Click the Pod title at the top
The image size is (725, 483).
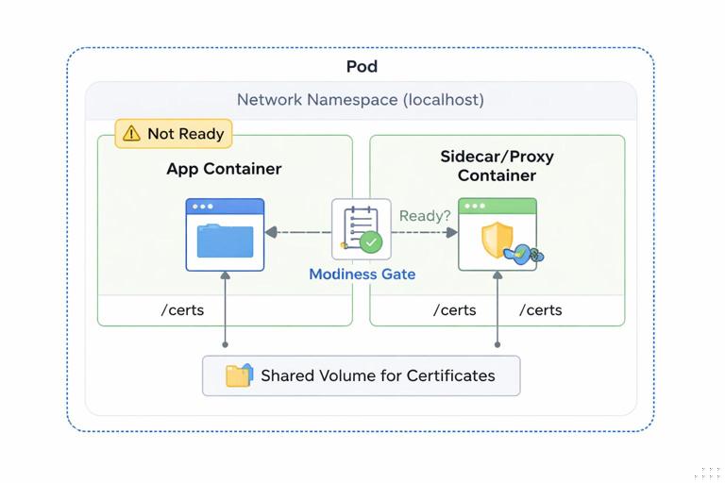tap(362, 66)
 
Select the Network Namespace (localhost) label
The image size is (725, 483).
tap(360, 99)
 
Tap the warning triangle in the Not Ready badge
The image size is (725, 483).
tap(130, 134)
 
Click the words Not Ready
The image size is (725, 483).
tap(185, 134)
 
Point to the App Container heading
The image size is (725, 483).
tap(224, 169)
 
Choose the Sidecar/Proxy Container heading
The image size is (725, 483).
tap(497, 165)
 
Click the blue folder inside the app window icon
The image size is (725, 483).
tap(225, 241)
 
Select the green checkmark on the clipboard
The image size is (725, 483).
tap(371, 242)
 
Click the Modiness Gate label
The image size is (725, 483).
tap(362, 275)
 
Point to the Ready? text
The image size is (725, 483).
tap(425, 216)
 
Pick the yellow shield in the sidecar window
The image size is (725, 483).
tap(496, 241)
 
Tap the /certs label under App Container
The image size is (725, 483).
tap(183, 309)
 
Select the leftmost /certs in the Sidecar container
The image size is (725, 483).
tap(454, 309)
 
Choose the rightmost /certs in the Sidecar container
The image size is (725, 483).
tap(540, 309)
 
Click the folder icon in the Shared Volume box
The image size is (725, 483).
tap(239, 375)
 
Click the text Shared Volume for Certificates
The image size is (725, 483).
tap(378, 375)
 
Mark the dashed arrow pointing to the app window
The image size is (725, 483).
tap(297, 232)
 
